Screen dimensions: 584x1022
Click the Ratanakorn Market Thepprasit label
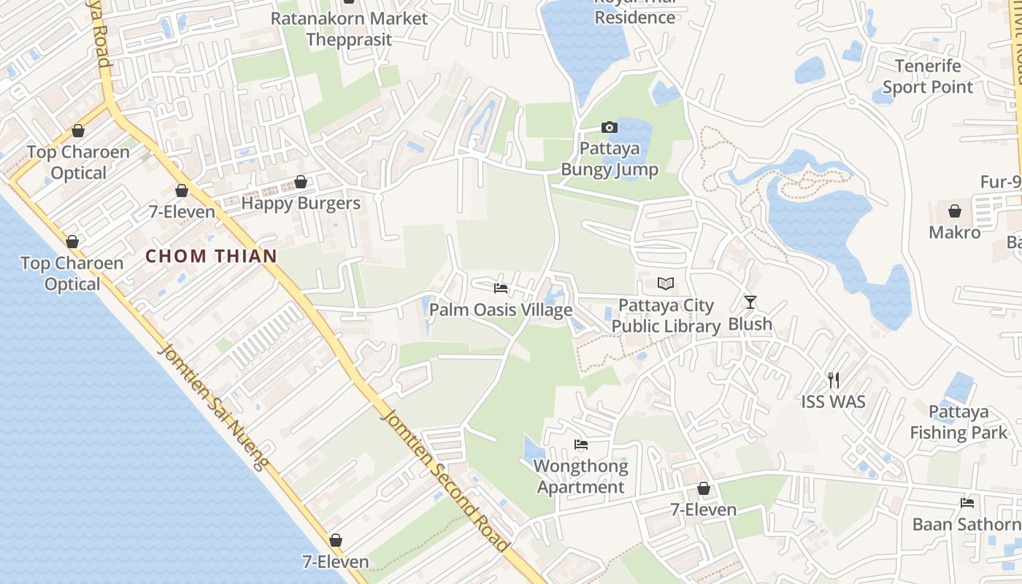[x=349, y=28]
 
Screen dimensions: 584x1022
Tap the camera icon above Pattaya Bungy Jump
[x=610, y=128]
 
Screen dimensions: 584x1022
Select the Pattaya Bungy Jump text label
[x=610, y=159]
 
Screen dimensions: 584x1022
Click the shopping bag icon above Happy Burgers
[x=301, y=182]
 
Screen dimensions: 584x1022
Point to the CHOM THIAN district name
[x=212, y=256]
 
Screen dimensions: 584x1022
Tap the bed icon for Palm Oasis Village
[x=500, y=288]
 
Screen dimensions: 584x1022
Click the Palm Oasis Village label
[x=501, y=310]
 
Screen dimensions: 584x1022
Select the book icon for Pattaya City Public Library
[x=666, y=284]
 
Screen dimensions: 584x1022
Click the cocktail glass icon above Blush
[x=750, y=301]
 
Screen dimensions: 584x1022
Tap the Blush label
[x=750, y=323]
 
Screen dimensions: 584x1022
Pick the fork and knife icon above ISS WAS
[x=834, y=380]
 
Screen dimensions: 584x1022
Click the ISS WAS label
[x=834, y=401]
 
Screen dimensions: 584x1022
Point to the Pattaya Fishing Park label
[x=958, y=422]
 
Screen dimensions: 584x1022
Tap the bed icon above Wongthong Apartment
[x=581, y=444]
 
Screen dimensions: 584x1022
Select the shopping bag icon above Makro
[x=954, y=212]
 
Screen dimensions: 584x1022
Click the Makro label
[x=955, y=233]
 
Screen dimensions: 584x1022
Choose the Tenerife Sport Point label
[x=928, y=77]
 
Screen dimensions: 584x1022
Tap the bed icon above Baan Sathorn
[x=967, y=503]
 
